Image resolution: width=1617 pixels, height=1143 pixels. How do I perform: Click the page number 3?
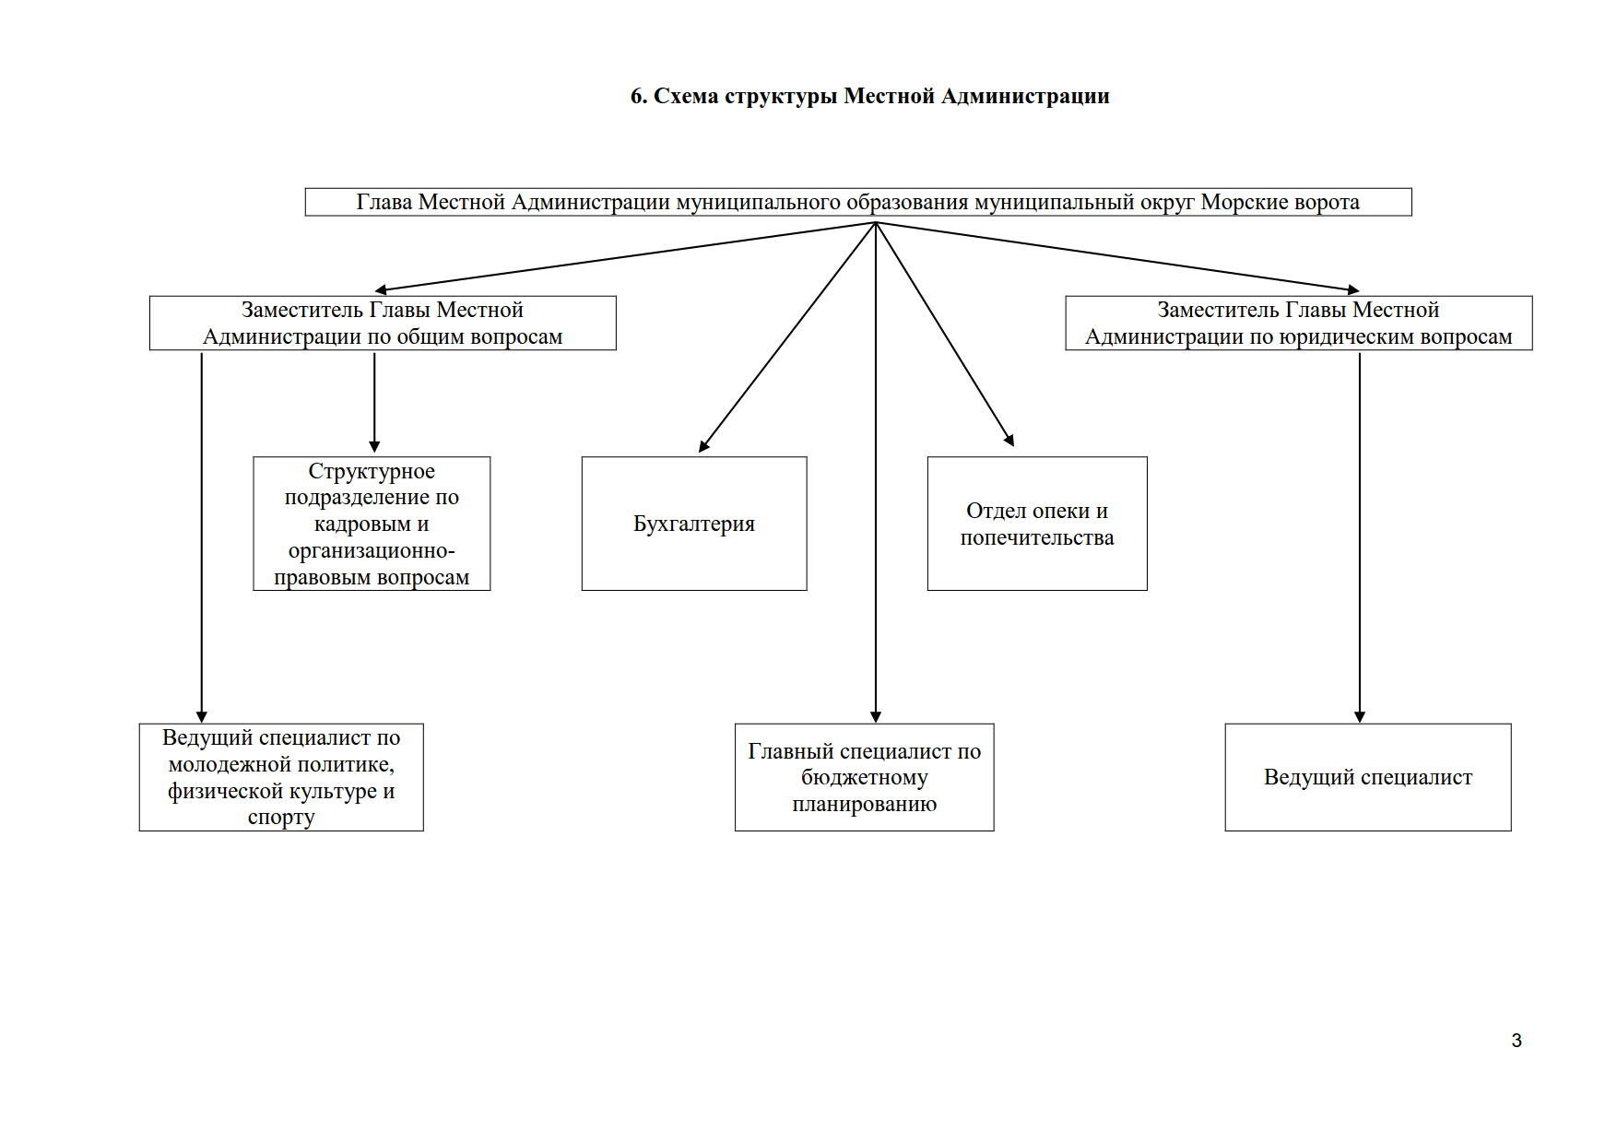tap(1517, 1041)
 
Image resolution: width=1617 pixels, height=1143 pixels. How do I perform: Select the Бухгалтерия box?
tap(694, 524)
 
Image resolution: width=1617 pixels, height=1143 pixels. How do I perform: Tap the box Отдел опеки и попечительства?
tap(1037, 524)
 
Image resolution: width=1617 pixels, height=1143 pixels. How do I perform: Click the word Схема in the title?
tap(686, 96)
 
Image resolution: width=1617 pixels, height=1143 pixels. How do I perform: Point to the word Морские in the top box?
tap(1242, 203)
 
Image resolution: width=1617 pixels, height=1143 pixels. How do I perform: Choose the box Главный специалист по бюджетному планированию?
tap(865, 777)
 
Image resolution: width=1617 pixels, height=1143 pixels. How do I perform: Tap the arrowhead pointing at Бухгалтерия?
tap(703, 446)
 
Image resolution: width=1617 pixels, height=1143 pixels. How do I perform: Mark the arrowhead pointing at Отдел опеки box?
tap(1009, 440)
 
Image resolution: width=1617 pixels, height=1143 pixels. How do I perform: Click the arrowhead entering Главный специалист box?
tap(876, 717)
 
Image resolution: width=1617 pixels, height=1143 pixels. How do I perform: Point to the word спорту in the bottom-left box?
tap(281, 818)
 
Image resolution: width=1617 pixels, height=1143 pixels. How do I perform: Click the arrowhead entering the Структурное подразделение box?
tap(374, 445)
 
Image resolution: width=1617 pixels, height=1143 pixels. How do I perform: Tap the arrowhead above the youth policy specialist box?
tap(201, 717)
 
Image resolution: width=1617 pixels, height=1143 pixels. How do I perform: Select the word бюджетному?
tap(865, 778)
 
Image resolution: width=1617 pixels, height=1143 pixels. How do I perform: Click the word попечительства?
tap(1037, 537)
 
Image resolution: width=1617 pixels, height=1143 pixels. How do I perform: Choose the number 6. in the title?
tap(639, 96)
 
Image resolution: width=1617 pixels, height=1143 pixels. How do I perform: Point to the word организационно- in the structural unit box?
tap(372, 551)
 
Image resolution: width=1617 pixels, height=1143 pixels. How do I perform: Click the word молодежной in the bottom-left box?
tap(224, 765)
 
